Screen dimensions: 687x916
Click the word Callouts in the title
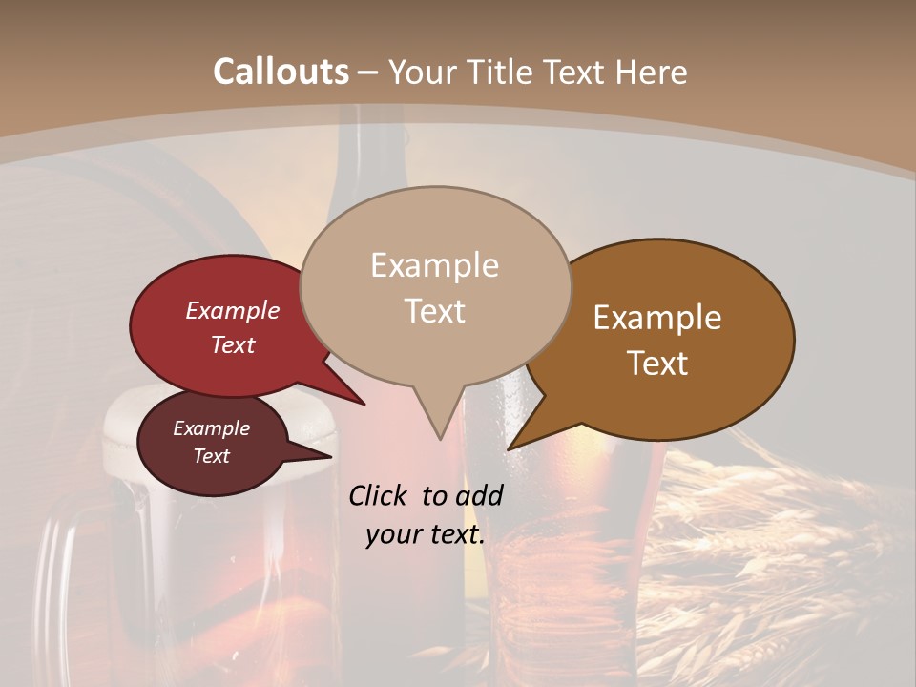pos(281,72)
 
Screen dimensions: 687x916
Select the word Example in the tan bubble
pos(434,265)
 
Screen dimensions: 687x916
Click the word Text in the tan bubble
pos(434,311)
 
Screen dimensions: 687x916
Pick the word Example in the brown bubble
pos(657,318)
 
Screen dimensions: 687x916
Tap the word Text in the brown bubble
pos(657,364)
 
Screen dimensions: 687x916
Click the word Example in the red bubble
pos(233,311)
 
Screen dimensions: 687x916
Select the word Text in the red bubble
pos(233,344)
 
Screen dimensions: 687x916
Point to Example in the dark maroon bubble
pos(211,428)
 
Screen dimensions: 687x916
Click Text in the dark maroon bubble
pos(211,456)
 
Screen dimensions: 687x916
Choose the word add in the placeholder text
pos(479,495)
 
